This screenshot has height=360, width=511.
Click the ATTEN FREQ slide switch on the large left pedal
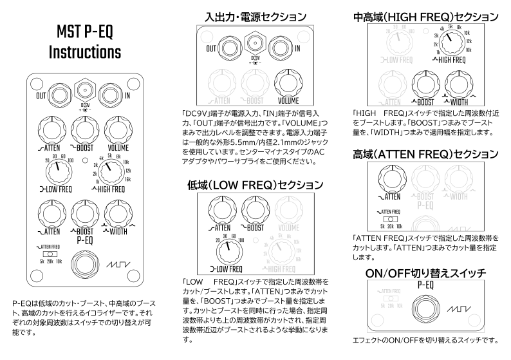point(49,254)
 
